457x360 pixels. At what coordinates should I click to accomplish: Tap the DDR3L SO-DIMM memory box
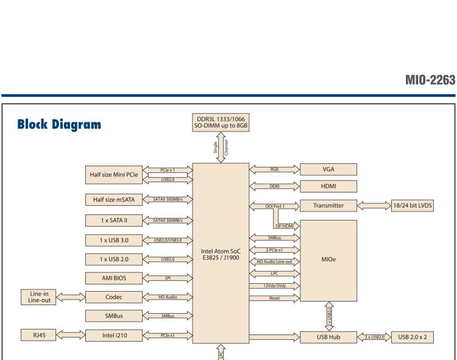[221, 122]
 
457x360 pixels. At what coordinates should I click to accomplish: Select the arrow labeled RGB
[274, 169]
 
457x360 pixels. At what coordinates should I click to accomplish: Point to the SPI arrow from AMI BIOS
[166, 278]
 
